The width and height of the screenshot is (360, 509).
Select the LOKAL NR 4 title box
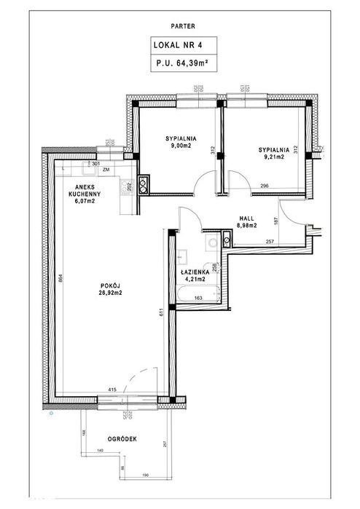[179, 44]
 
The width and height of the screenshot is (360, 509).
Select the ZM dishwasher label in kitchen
[106, 170]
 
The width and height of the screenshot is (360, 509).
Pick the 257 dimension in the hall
[269, 241]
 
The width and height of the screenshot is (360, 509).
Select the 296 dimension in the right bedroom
[265, 188]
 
